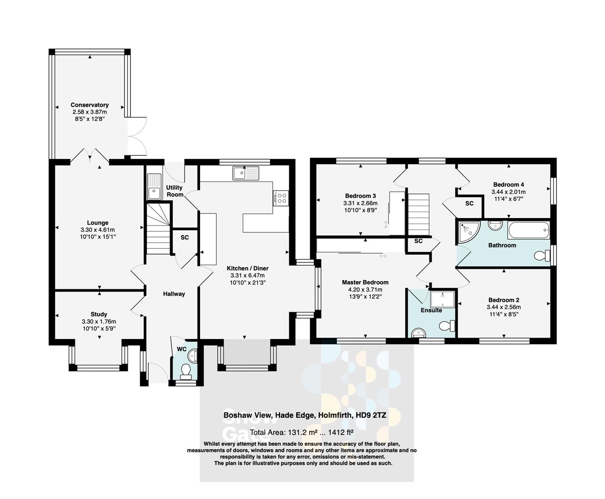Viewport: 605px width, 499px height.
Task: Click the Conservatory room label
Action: click(x=89, y=105)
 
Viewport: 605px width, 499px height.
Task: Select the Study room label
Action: click(x=99, y=314)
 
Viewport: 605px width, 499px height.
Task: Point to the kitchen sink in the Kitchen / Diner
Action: click(x=246, y=173)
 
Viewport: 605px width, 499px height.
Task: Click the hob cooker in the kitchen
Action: click(x=281, y=198)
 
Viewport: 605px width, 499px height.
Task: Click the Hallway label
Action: click(x=174, y=293)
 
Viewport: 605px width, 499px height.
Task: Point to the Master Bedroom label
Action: click(x=365, y=282)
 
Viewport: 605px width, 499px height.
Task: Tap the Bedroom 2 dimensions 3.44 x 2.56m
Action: click(x=503, y=307)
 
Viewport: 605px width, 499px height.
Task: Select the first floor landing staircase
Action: click(x=418, y=214)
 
